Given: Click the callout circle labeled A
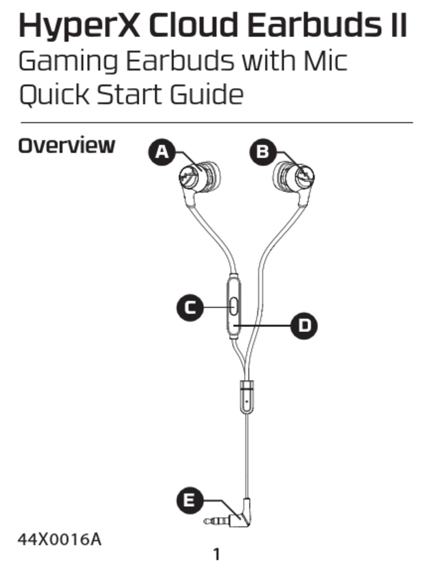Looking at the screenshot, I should coord(162,152).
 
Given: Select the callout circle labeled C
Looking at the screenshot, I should coord(190,308).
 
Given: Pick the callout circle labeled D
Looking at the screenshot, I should coord(304,325).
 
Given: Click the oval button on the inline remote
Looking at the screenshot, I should coord(234,306).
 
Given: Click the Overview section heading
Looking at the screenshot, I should coord(67,146).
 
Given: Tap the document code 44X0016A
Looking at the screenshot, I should coord(59,539).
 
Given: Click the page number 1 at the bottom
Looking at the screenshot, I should coord(217,554).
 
